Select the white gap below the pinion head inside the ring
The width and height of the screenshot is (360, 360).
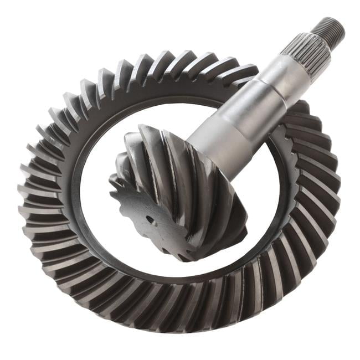pos(183,271)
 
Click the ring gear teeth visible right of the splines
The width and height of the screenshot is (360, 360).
pos(310,111)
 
